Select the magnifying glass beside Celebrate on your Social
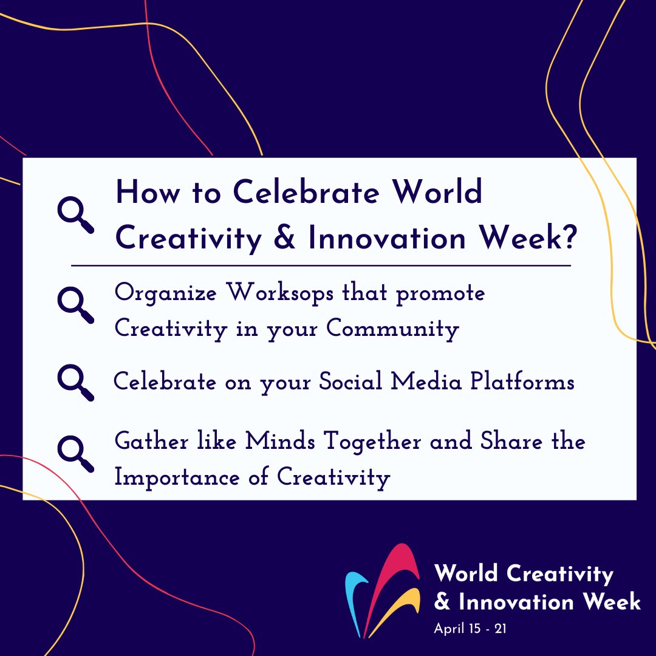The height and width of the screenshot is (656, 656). (x=75, y=382)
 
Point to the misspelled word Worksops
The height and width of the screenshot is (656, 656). (x=282, y=294)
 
